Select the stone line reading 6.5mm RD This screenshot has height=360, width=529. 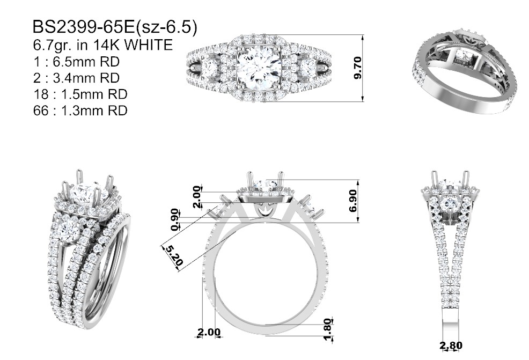(x=86, y=62)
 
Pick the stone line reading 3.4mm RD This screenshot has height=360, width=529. (x=86, y=78)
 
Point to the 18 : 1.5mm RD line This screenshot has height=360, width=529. (x=80, y=94)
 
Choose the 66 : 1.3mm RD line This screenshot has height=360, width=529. (x=80, y=111)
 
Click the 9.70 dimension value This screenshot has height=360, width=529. (x=358, y=68)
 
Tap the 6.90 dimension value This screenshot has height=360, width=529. (x=353, y=201)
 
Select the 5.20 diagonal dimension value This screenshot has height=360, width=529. (x=174, y=255)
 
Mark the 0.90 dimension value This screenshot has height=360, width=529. (x=174, y=219)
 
